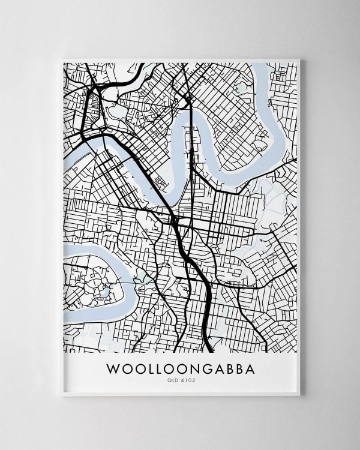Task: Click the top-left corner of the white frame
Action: (x=62, y=58)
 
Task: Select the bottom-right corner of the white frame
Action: (x=301, y=395)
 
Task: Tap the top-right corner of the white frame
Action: (x=301, y=58)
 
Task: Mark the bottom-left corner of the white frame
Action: (x=62, y=395)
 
